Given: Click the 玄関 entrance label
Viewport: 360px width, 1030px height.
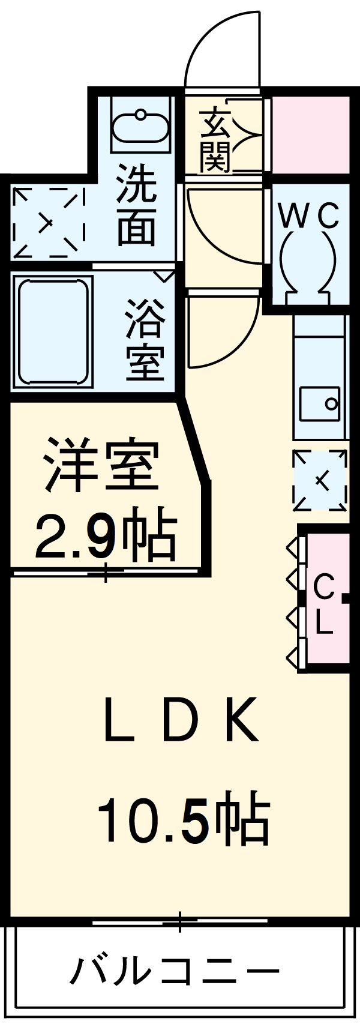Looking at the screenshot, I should click(x=215, y=140).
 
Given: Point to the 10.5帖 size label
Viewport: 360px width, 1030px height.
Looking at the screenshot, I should click(x=183, y=820).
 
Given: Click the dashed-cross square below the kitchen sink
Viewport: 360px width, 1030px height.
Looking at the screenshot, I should click(x=320, y=480).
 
